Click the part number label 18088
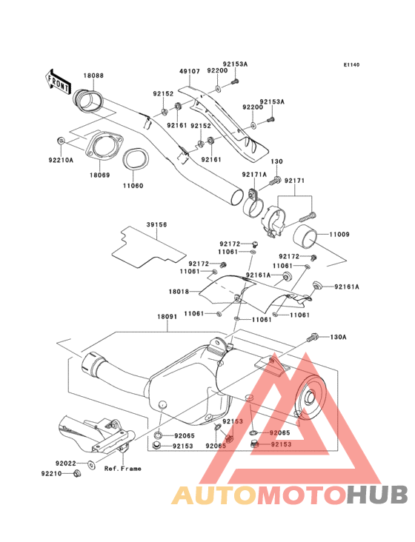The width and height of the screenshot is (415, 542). click(x=93, y=76)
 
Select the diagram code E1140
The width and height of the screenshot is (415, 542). click(x=351, y=65)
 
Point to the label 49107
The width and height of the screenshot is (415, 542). click(x=190, y=72)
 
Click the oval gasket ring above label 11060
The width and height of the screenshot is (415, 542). click(x=133, y=158)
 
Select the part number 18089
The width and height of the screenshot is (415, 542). click(x=100, y=175)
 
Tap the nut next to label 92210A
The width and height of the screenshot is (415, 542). click(x=60, y=140)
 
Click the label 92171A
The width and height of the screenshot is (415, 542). click(x=253, y=175)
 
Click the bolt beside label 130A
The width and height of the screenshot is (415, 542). click(x=312, y=338)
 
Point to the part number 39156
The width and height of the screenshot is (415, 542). click(x=156, y=225)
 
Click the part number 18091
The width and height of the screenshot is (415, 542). click(x=166, y=316)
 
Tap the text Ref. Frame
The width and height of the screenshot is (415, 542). click(x=122, y=469)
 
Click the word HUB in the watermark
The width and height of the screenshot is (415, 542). click(x=376, y=495)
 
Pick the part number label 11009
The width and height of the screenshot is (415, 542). click(x=340, y=235)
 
